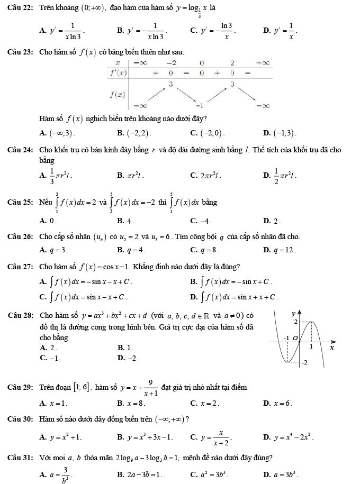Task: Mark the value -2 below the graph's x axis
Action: (x=305, y=363)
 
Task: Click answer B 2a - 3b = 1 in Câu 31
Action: (x=140, y=472)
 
